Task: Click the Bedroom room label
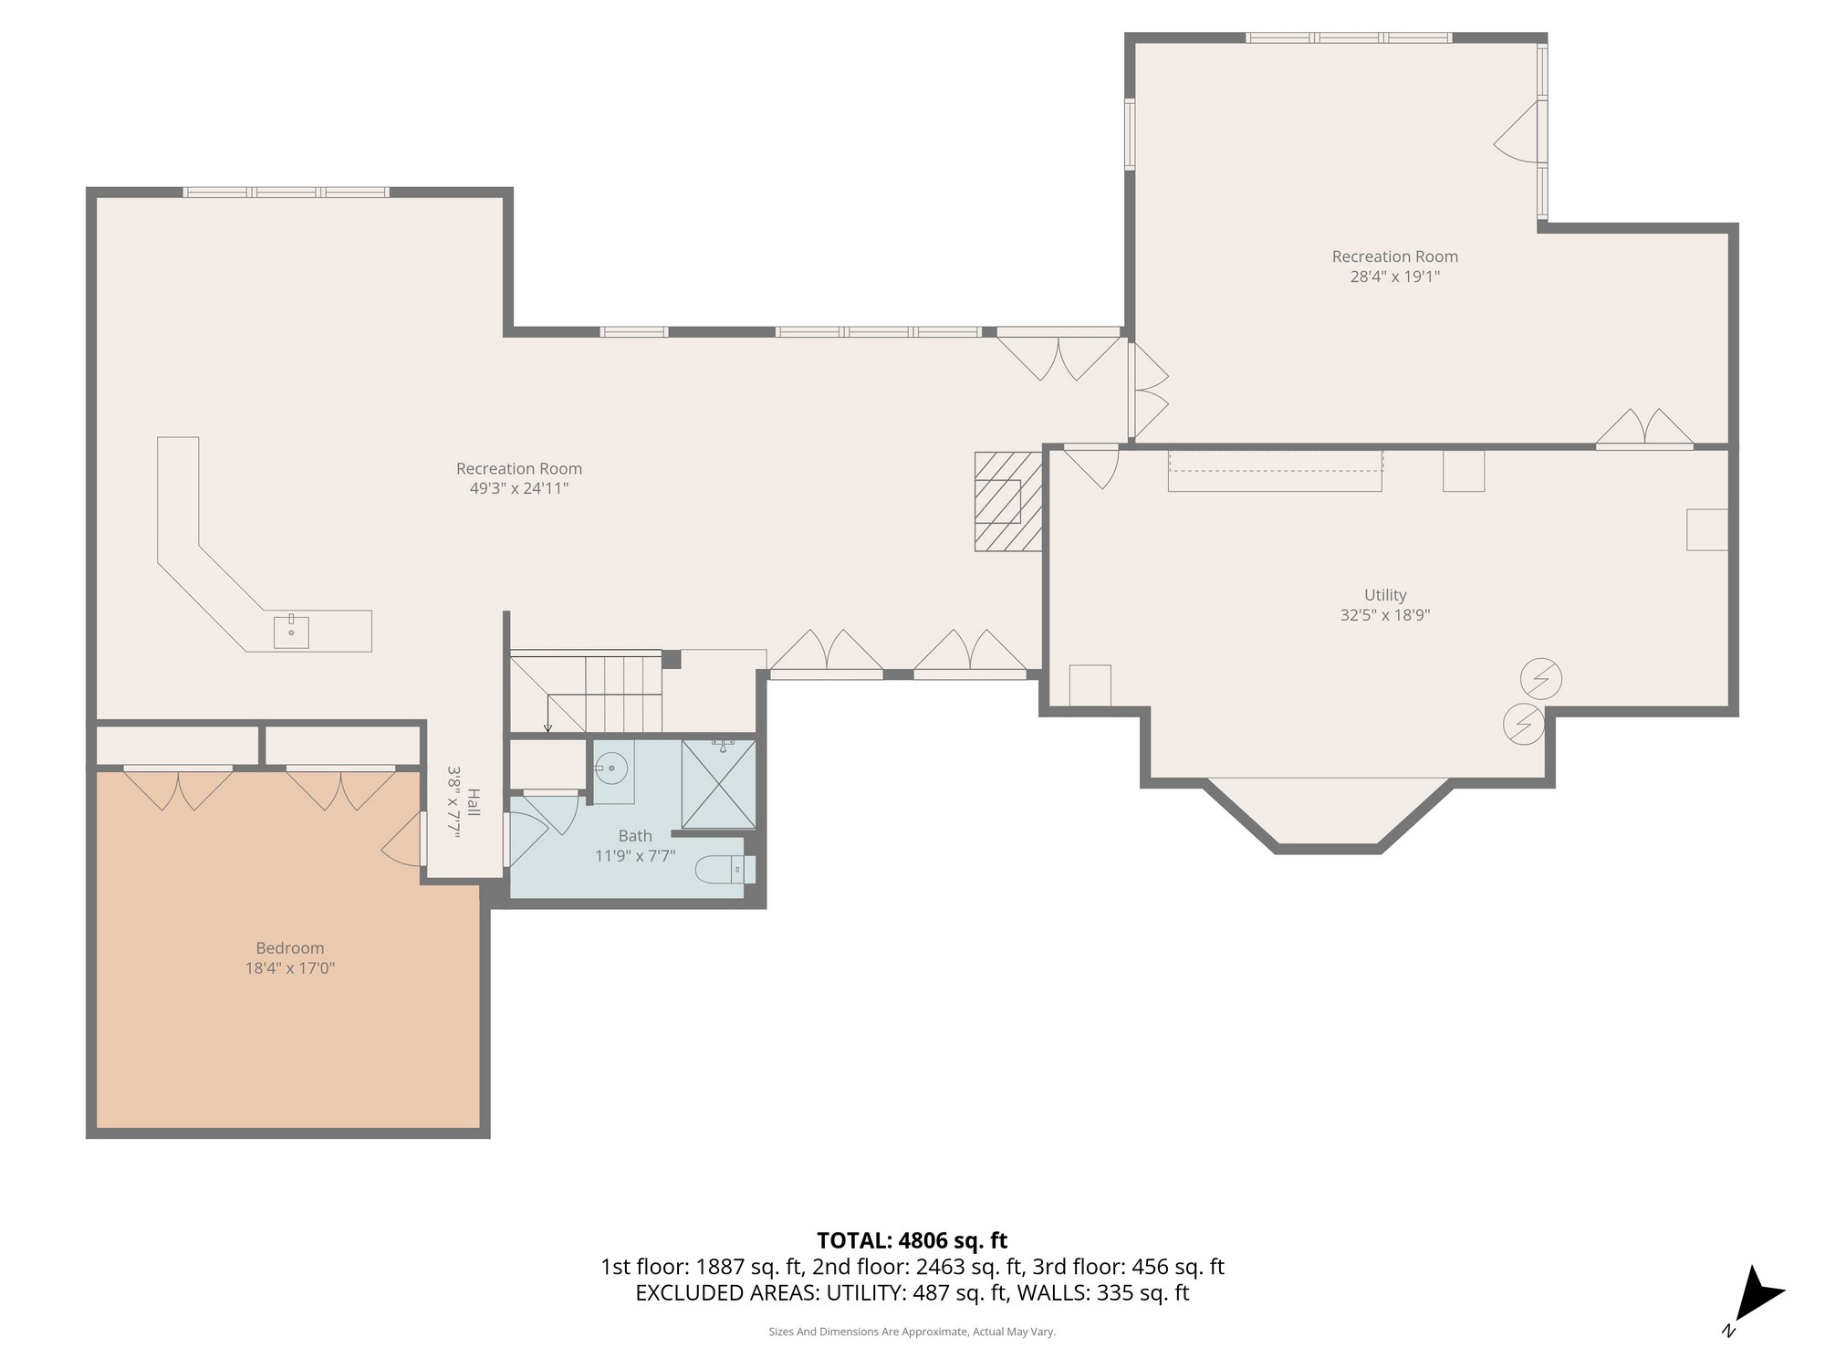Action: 289,948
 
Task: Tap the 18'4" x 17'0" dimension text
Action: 289,968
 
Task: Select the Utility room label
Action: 1384,595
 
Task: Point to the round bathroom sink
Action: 610,769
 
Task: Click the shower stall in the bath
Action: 718,784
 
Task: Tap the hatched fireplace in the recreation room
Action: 1007,501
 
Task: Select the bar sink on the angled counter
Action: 291,632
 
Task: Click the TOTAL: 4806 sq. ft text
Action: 912,1240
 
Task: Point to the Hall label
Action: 473,802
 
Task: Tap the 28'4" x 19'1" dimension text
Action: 1394,277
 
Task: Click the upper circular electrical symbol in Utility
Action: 1541,679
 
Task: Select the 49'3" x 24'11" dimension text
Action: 519,488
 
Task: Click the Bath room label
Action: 635,836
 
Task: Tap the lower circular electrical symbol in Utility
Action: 1523,725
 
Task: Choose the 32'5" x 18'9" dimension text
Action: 1384,615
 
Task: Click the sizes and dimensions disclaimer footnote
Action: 912,1332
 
